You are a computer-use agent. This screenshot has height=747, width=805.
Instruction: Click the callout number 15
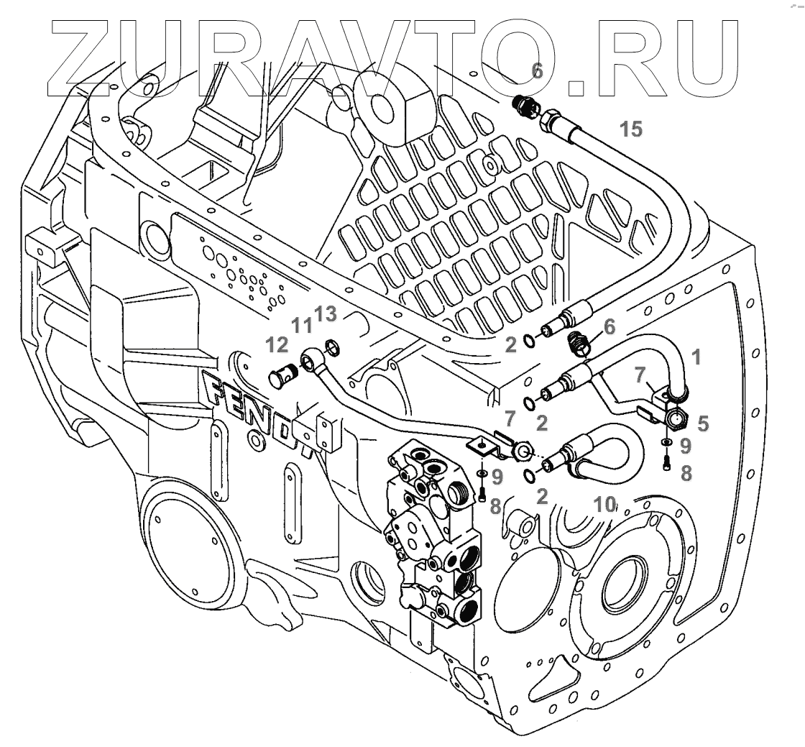pyautogui.click(x=630, y=129)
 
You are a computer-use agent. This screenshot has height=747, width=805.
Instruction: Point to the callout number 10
pyautogui.click(x=605, y=504)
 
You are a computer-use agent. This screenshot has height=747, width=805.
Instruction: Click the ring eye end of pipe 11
pyautogui.click(x=309, y=357)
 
